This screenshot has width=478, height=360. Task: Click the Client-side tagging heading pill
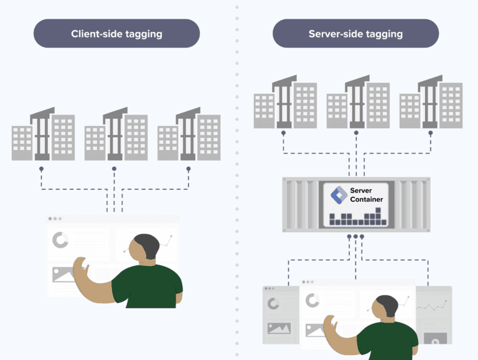click(x=116, y=34)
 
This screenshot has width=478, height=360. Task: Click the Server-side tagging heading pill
click(x=355, y=34)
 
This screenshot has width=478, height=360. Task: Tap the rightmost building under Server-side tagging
click(x=431, y=103)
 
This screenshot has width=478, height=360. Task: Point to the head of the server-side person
click(x=387, y=307)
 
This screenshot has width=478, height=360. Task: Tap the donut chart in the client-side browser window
click(x=60, y=240)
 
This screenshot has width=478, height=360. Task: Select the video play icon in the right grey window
click(x=434, y=339)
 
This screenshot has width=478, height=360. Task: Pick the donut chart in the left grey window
click(x=273, y=304)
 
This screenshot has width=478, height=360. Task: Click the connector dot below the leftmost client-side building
click(x=42, y=169)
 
